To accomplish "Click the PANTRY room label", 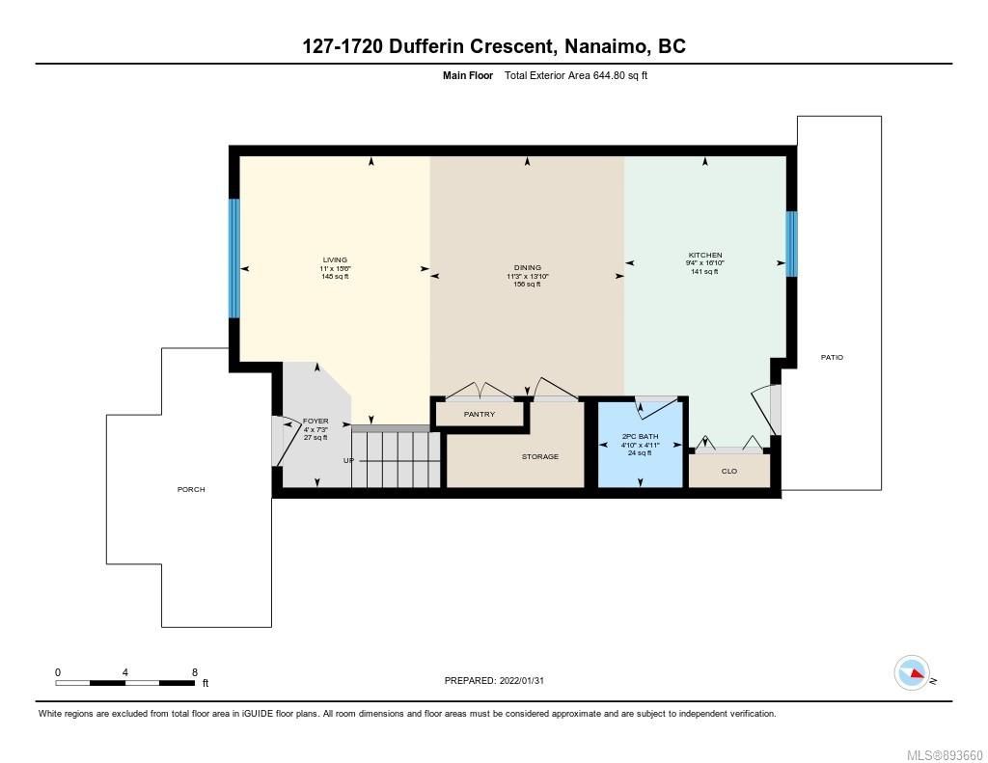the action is [480, 414].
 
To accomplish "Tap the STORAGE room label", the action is [540, 456].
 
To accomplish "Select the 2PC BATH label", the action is [641, 436].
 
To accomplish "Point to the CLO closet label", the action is [729, 471].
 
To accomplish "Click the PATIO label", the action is [832, 357].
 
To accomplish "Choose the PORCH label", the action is [191, 489].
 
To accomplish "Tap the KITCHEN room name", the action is [705, 256].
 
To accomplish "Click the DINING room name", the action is [528, 268].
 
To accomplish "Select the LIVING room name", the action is [335, 259].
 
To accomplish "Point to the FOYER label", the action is [316, 421].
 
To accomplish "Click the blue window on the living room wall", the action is [233, 259].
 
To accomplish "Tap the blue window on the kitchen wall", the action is [791, 244].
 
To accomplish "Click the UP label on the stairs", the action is [348, 460].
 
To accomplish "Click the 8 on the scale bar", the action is [195, 672].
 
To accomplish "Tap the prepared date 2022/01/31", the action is [522, 680].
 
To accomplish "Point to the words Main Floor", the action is [468, 75].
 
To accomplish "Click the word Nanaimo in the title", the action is [606, 46].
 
